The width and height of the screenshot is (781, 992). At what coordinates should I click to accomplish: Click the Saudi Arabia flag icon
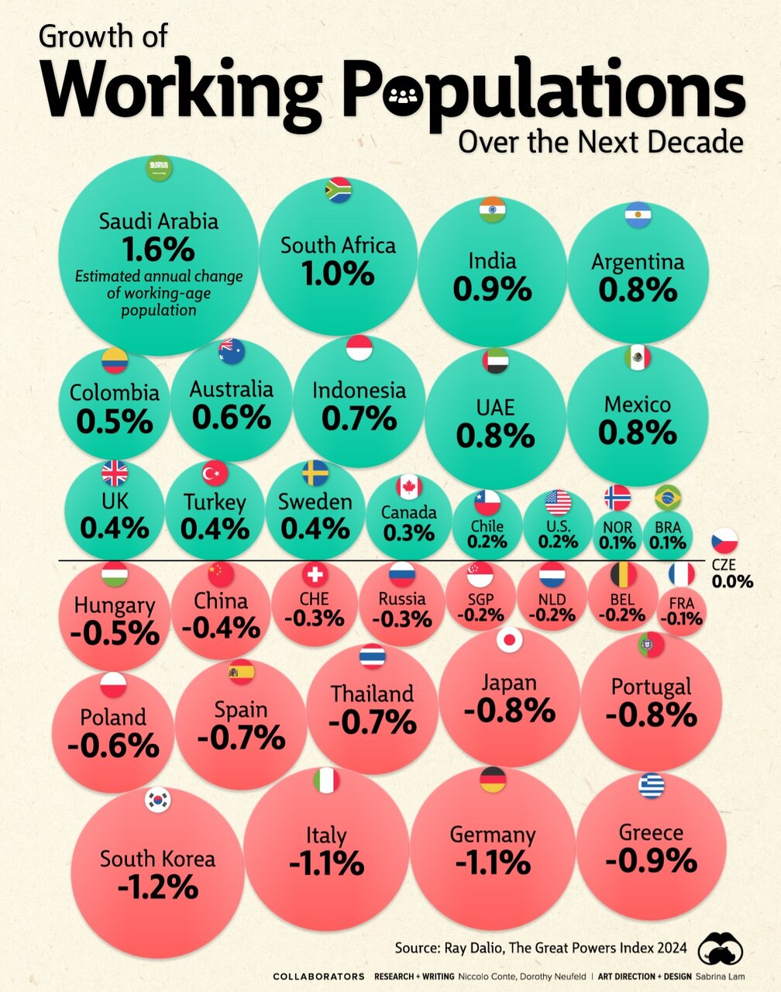click(159, 169)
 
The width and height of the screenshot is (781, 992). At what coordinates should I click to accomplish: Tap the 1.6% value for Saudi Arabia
click(159, 250)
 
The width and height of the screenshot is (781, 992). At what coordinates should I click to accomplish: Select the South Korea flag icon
click(158, 801)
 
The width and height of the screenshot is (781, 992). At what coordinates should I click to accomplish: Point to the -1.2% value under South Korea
click(158, 887)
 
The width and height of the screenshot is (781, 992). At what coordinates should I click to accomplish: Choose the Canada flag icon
click(408, 487)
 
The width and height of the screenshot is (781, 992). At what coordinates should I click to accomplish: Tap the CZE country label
click(724, 565)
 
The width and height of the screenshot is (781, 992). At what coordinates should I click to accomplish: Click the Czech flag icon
click(725, 541)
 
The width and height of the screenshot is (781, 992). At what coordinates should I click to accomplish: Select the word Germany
click(493, 835)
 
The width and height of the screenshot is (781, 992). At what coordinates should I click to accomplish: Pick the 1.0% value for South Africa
click(339, 274)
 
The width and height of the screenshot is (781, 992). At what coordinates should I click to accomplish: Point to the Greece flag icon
click(651, 787)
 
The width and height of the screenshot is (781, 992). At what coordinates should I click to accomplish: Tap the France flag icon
click(682, 574)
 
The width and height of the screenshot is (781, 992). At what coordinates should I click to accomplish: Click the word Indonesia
click(359, 389)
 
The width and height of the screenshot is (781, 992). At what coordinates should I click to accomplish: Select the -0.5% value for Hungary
click(115, 633)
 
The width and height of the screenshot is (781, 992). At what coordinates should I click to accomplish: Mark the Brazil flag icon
click(668, 497)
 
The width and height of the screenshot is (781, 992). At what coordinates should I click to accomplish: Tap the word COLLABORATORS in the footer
click(318, 976)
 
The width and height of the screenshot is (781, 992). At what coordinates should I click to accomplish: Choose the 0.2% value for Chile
click(487, 542)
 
